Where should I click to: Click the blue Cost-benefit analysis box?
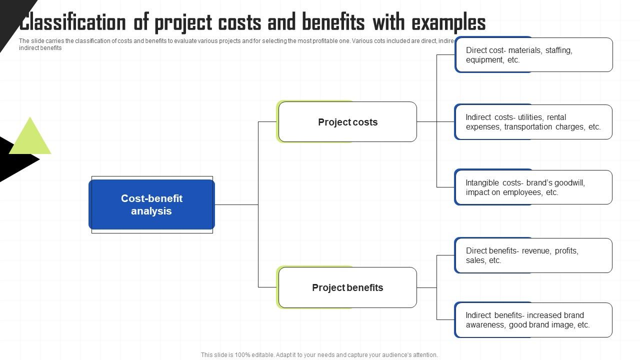[x=151, y=204]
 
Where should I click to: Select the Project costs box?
[x=347, y=122]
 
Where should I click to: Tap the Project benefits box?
[x=347, y=287]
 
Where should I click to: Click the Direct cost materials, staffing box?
[x=533, y=54]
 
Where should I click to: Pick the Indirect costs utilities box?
[x=533, y=122]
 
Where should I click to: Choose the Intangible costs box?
[x=533, y=187]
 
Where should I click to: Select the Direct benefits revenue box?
[x=533, y=255]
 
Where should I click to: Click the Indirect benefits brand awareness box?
[x=533, y=320]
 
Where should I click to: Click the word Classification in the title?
[x=72, y=23]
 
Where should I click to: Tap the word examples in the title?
[x=448, y=23]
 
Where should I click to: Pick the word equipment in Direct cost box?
[x=484, y=60]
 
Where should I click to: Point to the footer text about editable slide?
[x=319, y=355]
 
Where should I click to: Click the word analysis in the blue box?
[x=151, y=211]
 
